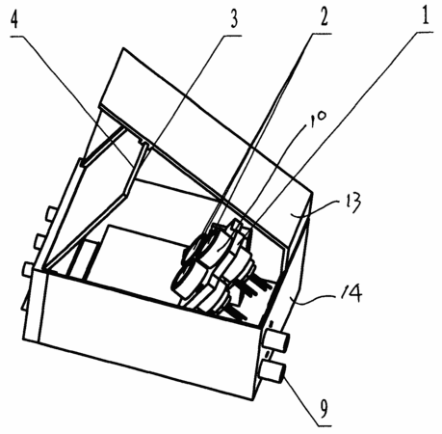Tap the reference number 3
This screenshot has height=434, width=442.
tap(234, 19)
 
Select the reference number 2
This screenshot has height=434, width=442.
tap(324, 16)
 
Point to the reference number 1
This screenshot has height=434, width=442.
tap(425, 15)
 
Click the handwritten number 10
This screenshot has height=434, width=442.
tap(318, 119)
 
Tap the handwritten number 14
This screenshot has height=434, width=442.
tap(351, 292)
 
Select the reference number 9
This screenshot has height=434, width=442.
tap(325, 408)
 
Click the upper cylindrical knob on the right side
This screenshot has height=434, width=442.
tap(276, 340)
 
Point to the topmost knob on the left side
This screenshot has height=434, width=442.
tap(52, 214)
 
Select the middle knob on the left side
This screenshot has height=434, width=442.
tap(40, 241)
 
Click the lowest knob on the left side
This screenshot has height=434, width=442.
tap(28, 269)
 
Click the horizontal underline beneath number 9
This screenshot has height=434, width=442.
tap(325, 425)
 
